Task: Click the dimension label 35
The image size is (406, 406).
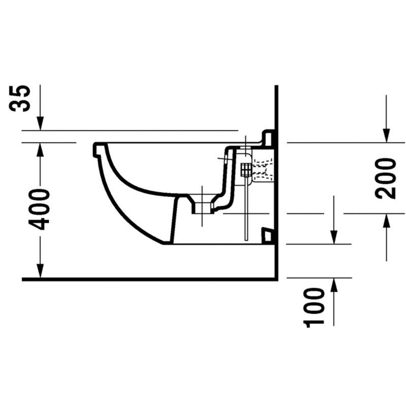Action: (x=20, y=98)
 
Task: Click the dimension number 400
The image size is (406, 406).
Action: (x=39, y=210)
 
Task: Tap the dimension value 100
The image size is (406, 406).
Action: (x=314, y=308)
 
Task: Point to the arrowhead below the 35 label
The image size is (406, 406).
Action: (x=40, y=123)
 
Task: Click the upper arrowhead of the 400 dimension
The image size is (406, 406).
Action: (x=40, y=149)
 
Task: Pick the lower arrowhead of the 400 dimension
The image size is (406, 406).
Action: (x=40, y=271)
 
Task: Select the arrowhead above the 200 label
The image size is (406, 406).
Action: (x=386, y=136)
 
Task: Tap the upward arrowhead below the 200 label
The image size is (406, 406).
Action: (x=386, y=221)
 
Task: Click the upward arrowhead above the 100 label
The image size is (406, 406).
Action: (x=334, y=285)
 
